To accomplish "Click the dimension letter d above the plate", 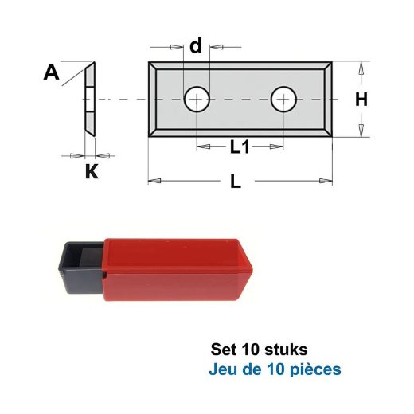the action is [196, 45].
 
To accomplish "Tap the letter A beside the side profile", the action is [51, 72].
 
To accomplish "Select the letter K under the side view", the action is [92, 171].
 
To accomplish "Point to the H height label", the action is [361, 100].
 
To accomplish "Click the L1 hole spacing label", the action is [240, 147].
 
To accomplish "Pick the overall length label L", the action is [236, 182].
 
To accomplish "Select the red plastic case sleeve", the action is [178, 270].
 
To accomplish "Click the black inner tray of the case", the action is [81, 268].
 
